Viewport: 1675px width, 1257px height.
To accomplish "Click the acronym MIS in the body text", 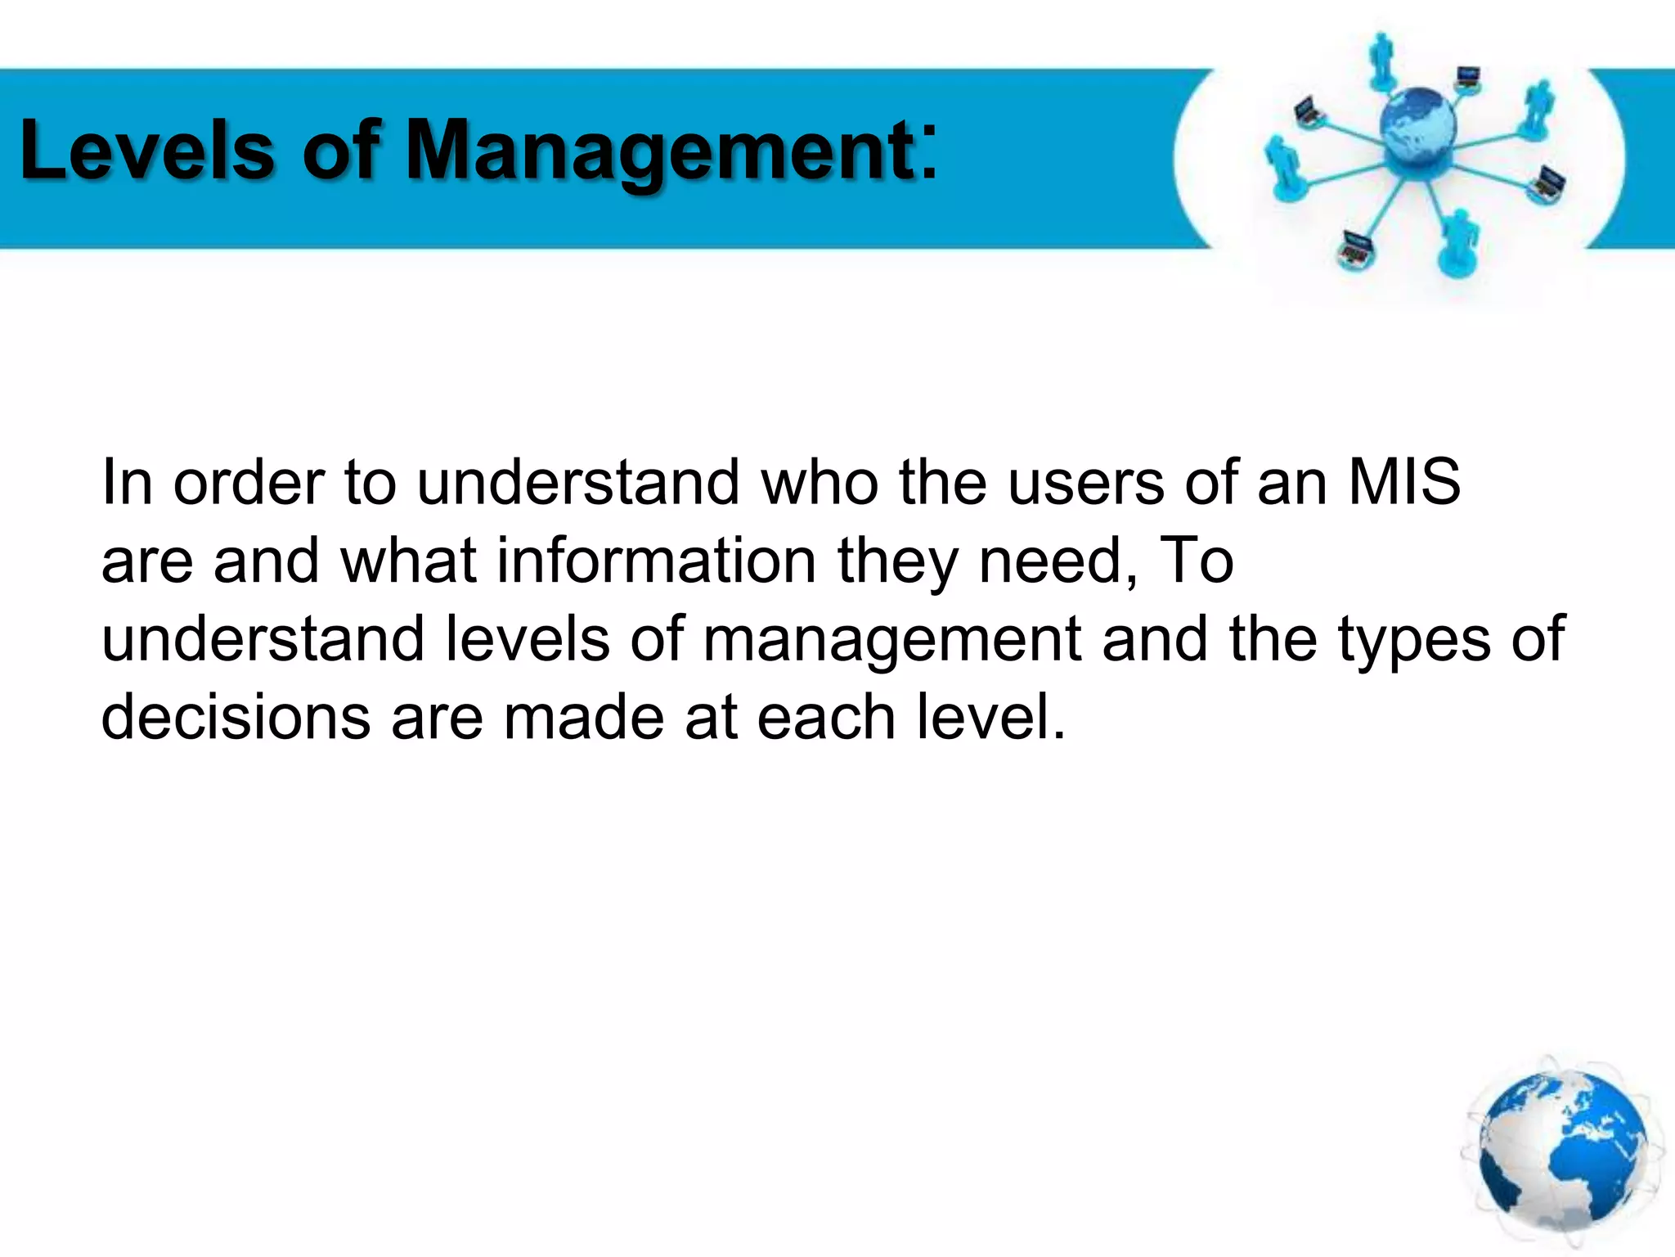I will tap(1403, 482).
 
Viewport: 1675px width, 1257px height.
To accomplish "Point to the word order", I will tap(249, 482).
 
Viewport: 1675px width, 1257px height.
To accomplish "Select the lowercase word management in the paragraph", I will tap(892, 639).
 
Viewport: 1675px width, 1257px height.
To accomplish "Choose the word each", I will tap(826, 717).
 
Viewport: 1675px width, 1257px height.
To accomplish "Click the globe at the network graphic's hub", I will tap(1417, 127).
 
